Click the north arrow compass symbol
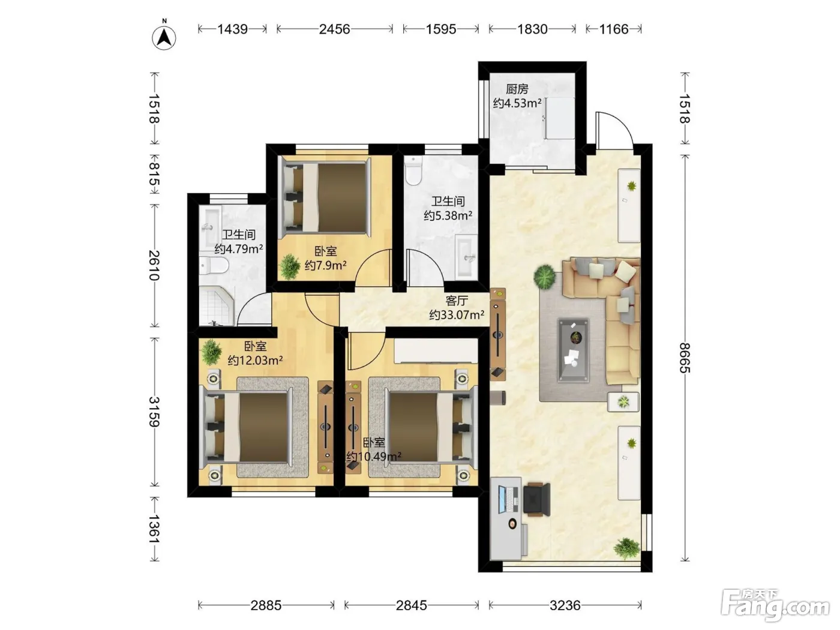pyautogui.click(x=164, y=37)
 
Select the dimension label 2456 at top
pyautogui.click(x=334, y=29)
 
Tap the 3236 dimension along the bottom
pyautogui.click(x=565, y=605)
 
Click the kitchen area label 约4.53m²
pyautogui.click(x=517, y=103)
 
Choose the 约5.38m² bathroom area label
pyautogui.click(x=448, y=215)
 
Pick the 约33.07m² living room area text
pyautogui.click(x=457, y=315)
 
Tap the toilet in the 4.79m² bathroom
pyautogui.click(x=214, y=265)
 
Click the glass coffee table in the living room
pyautogui.click(x=573, y=350)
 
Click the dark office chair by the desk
pyautogui.click(x=537, y=499)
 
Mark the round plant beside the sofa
pyautogui.click(x=545, y=277)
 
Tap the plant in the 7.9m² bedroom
pyautogui.click(x=290, y=266)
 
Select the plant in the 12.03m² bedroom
pyautogui.click(x=211, y=352)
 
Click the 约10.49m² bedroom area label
pyautogui.click(x=374, y=457)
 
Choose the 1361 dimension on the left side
pyautogui.click(x=155, y=529)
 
